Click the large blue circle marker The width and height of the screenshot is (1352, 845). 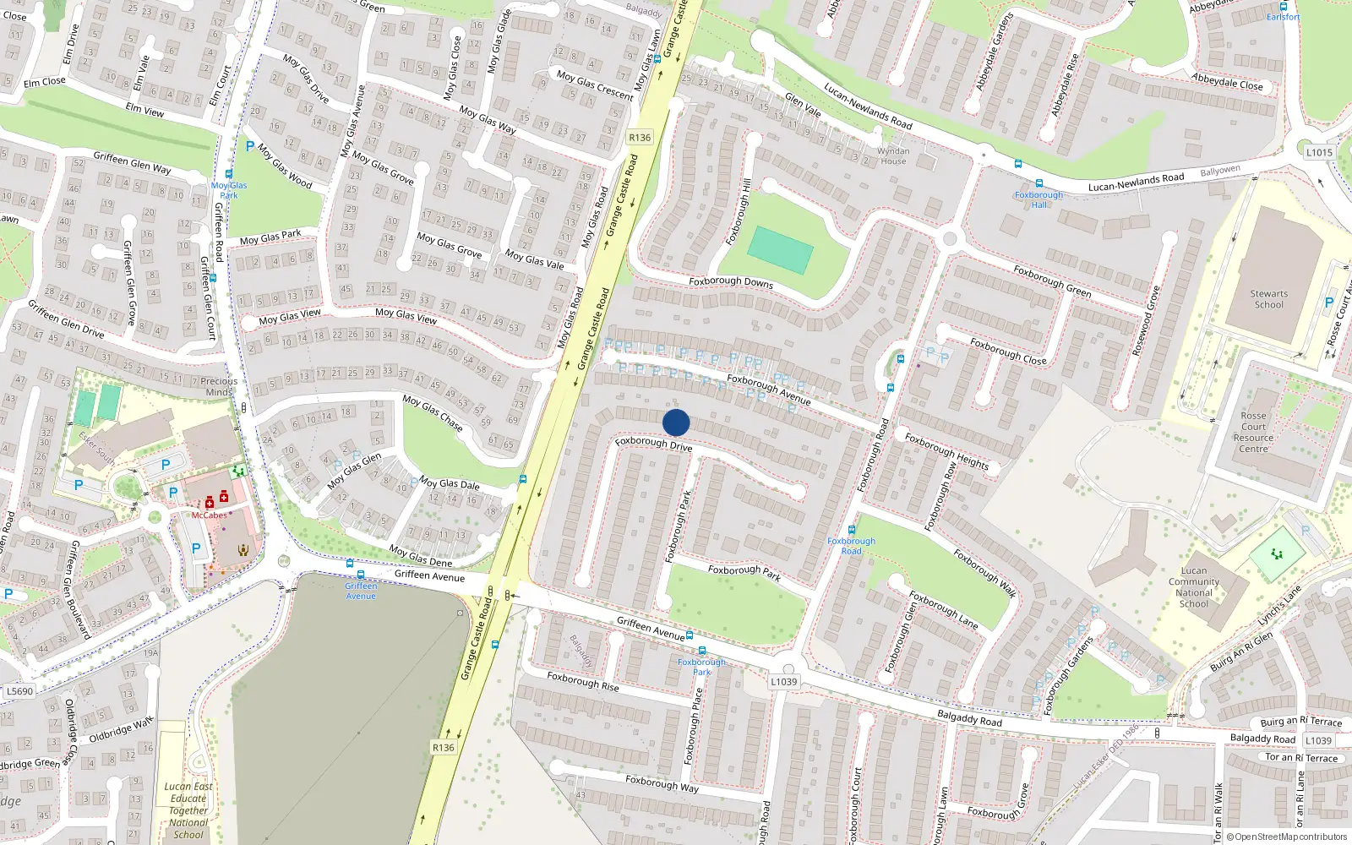[676, 422]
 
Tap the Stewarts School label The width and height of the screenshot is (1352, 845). [1268, 299]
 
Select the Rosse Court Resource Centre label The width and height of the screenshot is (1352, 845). [1253, 432]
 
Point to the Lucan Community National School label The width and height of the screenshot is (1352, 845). [1193, 587]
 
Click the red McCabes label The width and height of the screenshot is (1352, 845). [209, 515]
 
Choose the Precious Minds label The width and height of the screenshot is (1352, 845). [219, 386]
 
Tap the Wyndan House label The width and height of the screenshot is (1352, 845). [893, 156]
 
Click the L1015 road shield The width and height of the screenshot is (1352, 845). [1318, 153]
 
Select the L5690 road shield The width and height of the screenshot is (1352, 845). [19, 691]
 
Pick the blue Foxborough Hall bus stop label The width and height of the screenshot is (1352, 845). [1039, 199]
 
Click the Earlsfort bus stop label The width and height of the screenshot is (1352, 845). [1283, 17]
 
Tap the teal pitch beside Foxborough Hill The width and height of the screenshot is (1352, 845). [780, 250]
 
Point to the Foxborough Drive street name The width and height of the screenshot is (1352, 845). [653, 443]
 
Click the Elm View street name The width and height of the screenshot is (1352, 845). [144, 110]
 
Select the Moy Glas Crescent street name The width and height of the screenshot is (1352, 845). [595, 85]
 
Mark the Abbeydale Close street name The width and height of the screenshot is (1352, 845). [1227, 81]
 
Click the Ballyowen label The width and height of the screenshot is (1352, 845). [1220, 171]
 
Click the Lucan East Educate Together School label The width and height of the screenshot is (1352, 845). [188, 810]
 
